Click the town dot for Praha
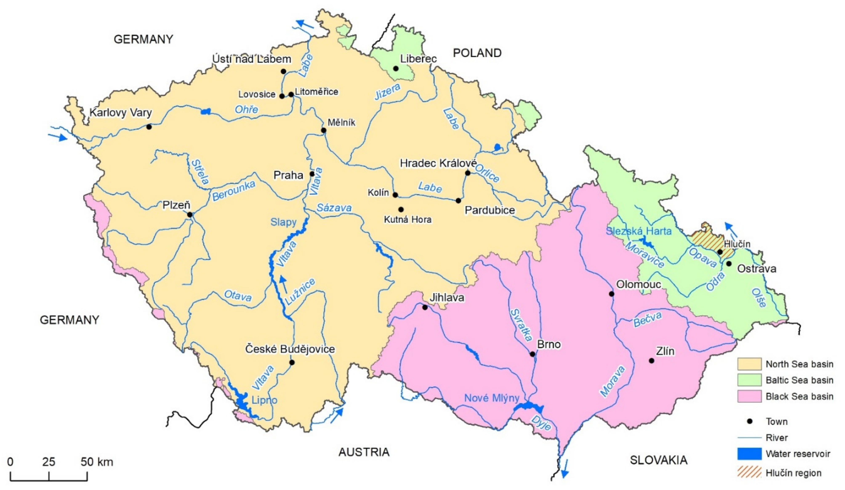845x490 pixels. tap(312, 174)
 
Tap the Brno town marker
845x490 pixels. tap(532, 354)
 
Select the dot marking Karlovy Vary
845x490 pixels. tap(149, 127)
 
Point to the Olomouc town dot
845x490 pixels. tap(611, 294)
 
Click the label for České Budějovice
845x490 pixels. tap(290, 349)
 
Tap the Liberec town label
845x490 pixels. tap(418, 59)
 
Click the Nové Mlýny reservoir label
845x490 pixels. tap(492, 398)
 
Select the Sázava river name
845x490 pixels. tap(334, 208)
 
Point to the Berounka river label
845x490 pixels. tap(234, 191)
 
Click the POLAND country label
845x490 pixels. tap(477, 53)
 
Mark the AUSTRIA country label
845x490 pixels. tap(364, 452)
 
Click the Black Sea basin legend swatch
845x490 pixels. tap(749, 396)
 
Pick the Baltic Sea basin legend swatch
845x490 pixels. tap(749, 380)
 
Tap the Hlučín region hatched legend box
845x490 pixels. tap(749, 473)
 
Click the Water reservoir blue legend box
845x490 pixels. tap(749, 454)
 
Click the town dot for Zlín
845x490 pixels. tap(651, 361)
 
